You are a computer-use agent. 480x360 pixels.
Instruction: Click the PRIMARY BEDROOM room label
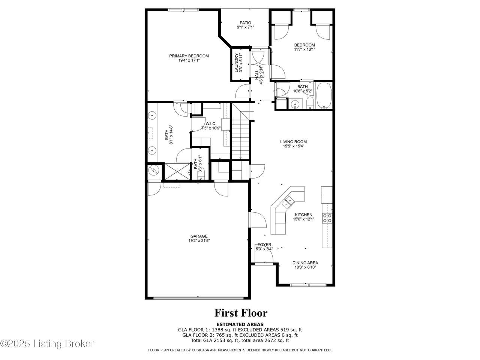pyautogui.click(x=189, y=56)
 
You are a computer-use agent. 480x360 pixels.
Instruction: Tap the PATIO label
pyautogui.click(x=245, y=23)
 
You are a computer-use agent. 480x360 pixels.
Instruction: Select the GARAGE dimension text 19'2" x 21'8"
pyautogui.click(x=199, y=241)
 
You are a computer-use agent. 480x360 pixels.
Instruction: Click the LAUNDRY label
pyautogui.click(x=236, y=63)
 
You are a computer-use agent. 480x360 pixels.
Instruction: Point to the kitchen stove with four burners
pyautogui.click(x=327, y=218)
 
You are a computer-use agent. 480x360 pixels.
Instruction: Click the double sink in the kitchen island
pyautogui.click(x=288, y=202)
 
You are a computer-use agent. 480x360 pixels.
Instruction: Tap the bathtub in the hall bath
pyautogui.click(x=324, y=95)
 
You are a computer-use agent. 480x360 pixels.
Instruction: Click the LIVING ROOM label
pyautogui.click(x=294, y=142)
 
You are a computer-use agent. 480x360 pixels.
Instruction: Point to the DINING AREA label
pyautogui.click(x=305, y=263)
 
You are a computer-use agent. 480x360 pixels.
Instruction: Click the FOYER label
pyautogui.click(x=264, y=244)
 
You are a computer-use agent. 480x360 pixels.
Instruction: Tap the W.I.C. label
pyautogui.click(x=211, y=124)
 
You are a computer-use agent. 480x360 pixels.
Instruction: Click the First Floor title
pyautogui.click(x=241, y=313)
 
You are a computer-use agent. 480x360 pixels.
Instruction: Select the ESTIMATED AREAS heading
pyautogui.click(x=240, y=324)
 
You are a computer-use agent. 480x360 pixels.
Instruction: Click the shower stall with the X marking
pyautogui.click(x=177, y=172)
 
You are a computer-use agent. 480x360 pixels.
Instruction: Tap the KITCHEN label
pyautogui.click(x=303, y=214)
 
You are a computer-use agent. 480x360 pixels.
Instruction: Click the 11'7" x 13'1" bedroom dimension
pyautogui.click(x=304, y=49)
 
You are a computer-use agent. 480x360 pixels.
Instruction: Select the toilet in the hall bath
pyautogui.click(x=310, y=103)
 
